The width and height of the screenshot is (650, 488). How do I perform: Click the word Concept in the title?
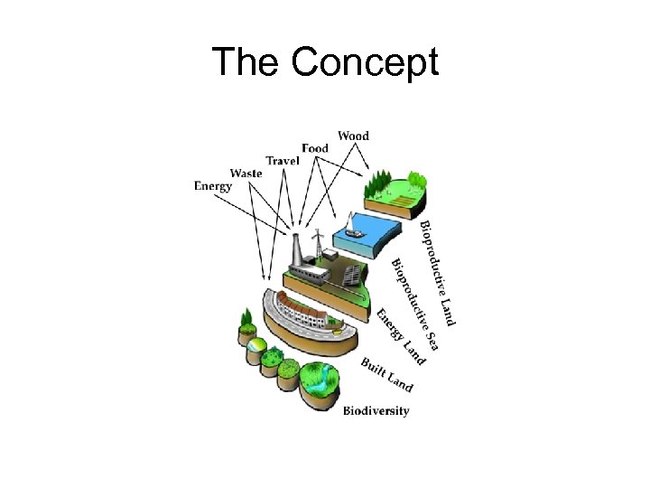(x=366, y=62)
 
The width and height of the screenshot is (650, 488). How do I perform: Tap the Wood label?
(x=353, y=136)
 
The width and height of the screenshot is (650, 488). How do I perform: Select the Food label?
(x=315, y=148)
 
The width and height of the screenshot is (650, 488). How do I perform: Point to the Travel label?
(x=283, y=161)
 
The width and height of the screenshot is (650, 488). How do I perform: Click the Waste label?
(x=246, y=173)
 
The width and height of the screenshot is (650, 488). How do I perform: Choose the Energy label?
(x=213, y=186)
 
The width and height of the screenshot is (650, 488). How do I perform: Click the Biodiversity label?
(x=376, y=411)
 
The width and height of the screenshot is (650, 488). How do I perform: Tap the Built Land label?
(x=386, y=375)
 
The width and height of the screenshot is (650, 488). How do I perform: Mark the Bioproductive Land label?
(x=438, y=272)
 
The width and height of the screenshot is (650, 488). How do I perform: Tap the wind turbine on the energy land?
(x=318, y=244)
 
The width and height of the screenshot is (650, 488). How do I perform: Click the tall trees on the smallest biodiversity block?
(x=246, y=321)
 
